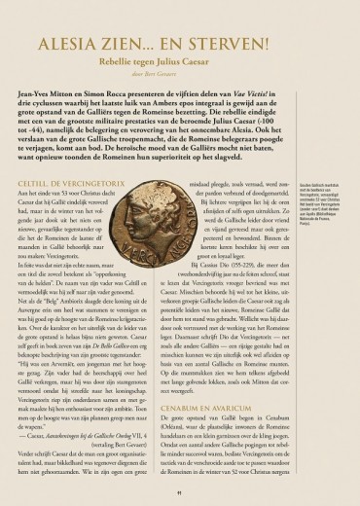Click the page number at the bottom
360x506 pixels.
180,493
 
